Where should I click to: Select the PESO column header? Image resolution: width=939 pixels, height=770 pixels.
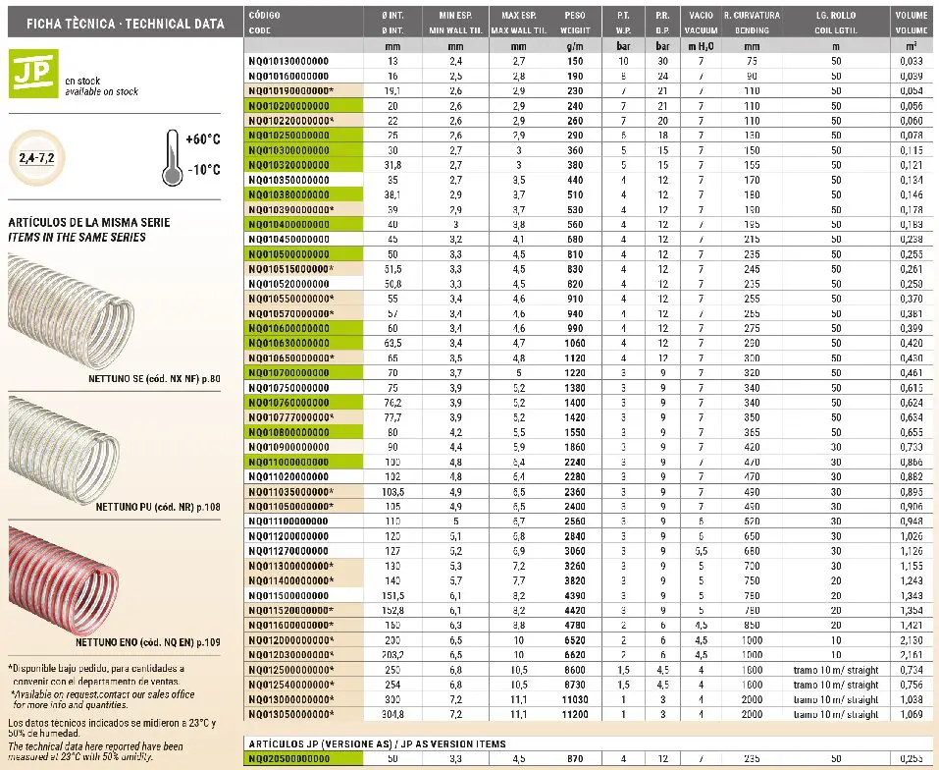(x=575, y=16)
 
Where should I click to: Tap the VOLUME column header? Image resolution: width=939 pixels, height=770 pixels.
(x=911, y=16)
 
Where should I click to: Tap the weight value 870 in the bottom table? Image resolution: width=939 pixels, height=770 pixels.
(x=576, y=759)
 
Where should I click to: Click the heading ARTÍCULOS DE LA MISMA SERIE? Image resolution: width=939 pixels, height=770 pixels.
(x=89, y=223)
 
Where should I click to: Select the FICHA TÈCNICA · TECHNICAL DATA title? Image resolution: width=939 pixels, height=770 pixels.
(x=118, y=22)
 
